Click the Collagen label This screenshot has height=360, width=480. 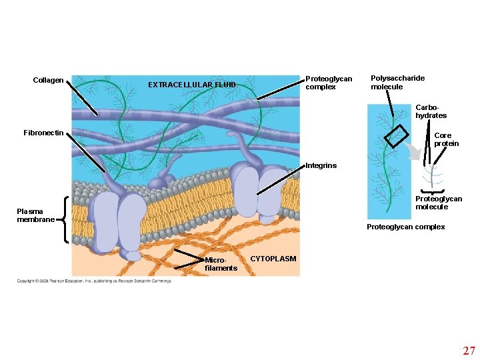coord(48,81)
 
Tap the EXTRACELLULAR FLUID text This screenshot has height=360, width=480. coord(191,85)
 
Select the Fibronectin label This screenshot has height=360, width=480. coord(43,133)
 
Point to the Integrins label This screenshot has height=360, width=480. coord(321,165)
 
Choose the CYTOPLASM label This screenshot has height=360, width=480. coord(273,259)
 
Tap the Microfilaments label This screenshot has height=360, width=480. coord(221,264)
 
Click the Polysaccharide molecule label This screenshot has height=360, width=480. coord(397,82)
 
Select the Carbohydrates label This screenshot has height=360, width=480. coord(431,111)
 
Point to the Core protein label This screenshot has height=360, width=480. coord(446,139)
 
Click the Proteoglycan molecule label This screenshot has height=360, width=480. coord(438,203)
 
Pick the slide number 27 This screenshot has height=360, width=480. coord(469,350)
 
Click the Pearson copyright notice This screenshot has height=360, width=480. coord(94,281)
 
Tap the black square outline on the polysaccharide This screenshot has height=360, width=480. coord(395,136)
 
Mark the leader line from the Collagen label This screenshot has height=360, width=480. coord(85,99)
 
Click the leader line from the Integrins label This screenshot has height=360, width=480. coord(280,179)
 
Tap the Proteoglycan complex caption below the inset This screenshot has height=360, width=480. coord(405,227)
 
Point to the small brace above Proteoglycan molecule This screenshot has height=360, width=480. coord(433,191)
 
